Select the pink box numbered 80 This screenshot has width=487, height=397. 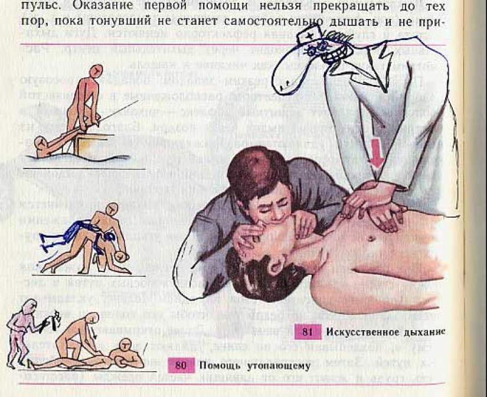(181, 365)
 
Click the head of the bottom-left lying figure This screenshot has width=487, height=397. (126, 345)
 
